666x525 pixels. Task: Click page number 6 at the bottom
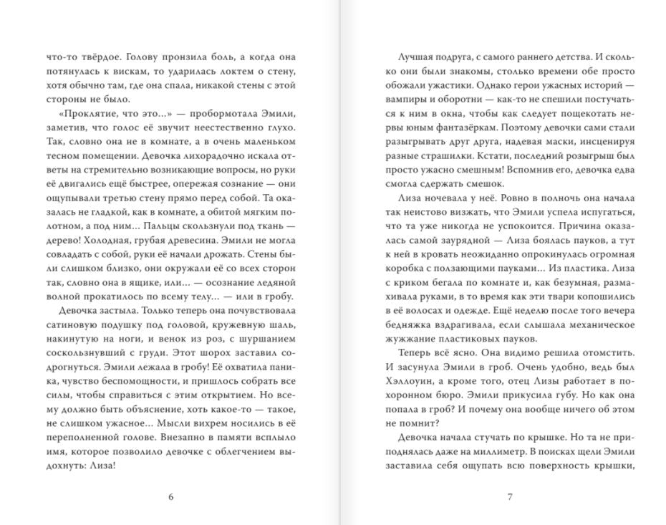[170, 496]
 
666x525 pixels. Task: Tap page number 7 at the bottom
[510, 496]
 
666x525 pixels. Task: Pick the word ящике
[145, 269]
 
